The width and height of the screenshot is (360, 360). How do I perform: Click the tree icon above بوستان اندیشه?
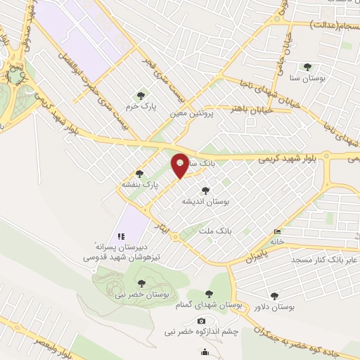pos(205,190)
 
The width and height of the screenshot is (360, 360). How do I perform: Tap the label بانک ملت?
pos(215,230)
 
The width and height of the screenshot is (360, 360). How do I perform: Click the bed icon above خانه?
pos(278,231)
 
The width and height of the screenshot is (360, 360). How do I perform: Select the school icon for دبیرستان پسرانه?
pos(121,236)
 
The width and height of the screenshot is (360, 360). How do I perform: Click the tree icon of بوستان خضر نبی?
pos(141,283)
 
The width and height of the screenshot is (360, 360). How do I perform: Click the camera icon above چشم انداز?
pos(202,321)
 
